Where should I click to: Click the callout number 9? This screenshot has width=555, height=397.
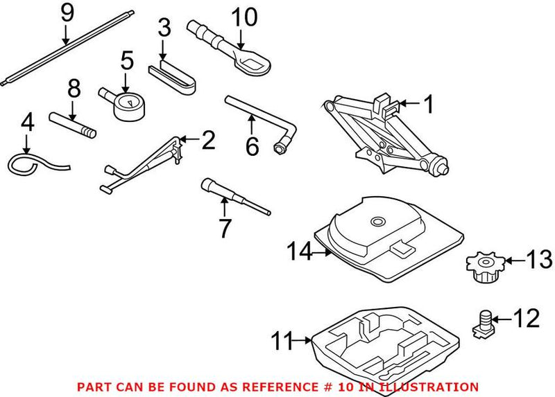(67, 12)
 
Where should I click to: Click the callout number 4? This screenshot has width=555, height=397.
(27, 124)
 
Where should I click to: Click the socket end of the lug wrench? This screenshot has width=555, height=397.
(282, 147)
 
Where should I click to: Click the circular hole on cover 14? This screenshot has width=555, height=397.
(377, 222)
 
